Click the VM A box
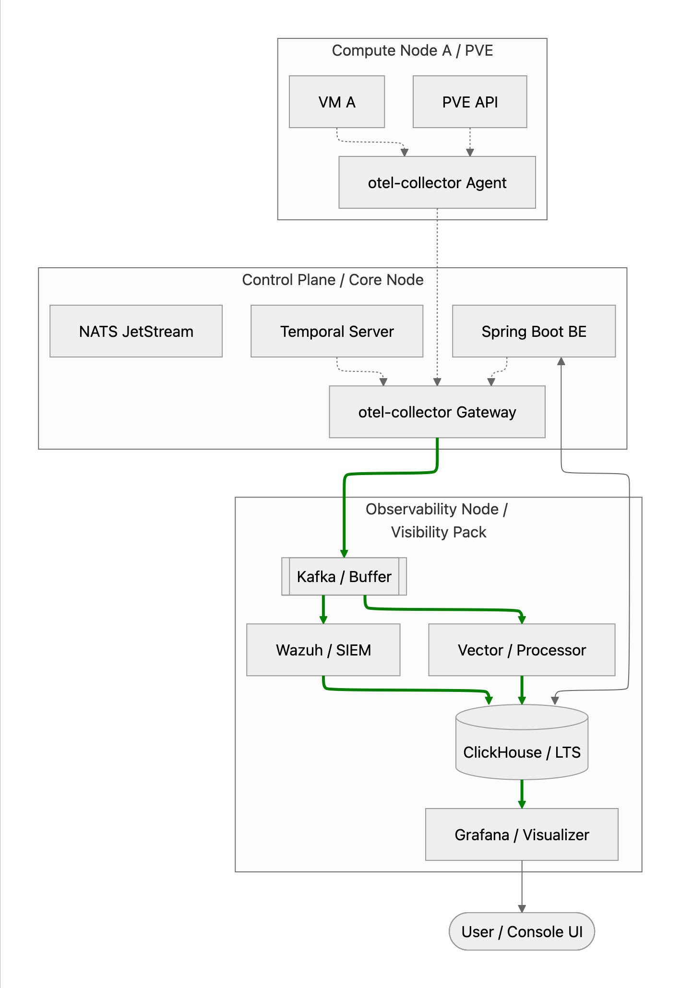coord(337,102)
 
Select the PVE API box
coord(470,102)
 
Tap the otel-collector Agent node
coord(437,182)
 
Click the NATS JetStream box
coord(136,331)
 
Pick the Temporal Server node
coord(337,331)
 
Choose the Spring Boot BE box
coord(534,331)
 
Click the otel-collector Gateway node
coord(437,412)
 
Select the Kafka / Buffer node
coord(344,576)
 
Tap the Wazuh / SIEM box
coord(323,650)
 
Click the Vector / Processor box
coord(522,650)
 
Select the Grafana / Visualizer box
coord(522,834)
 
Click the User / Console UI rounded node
coord(522,931)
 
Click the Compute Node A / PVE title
coord(413,50)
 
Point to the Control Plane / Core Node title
coord(333,280)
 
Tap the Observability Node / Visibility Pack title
coord(437,521)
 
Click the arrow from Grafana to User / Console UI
coord(522,887)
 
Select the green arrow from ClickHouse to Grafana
coord(522,794)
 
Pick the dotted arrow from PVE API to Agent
coord(470,142)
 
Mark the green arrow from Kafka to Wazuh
coord(323,609)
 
